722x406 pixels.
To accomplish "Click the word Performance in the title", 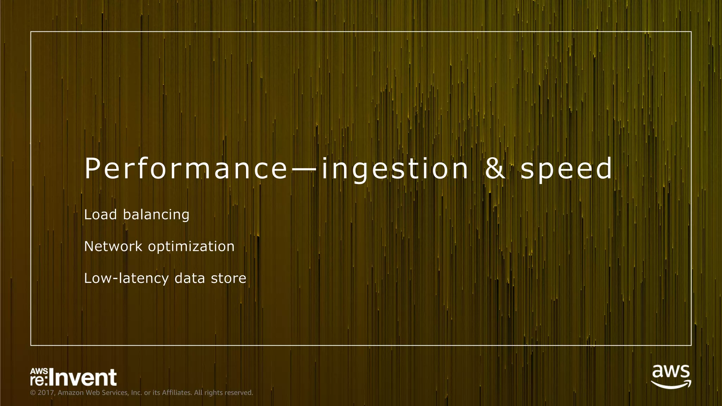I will pyautogui.click(x=186, y=169).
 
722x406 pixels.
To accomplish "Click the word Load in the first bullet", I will pyautogui.click(x=100, y=215).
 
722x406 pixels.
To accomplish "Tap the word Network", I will pyautogui.click(x=113, y=246).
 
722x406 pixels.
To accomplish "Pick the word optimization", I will pyautogui.click(x=191, y=247).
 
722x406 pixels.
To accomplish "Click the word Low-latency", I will pyautogui.click(x=126, y=279).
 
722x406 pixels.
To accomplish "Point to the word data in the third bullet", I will pyautogui.click(x=190, y=278).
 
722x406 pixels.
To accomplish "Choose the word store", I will pyautogui.click(x=228, y=278).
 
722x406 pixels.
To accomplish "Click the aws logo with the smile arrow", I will pyautogui.click(x=671, y=376).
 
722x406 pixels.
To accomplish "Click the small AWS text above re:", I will pyautogui.click(x=39, y=371).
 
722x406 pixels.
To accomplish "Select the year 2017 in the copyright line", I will pyautogui.click(x=46, y=393).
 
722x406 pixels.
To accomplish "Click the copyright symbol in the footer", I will pyautogui.click(x=33, y=393).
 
